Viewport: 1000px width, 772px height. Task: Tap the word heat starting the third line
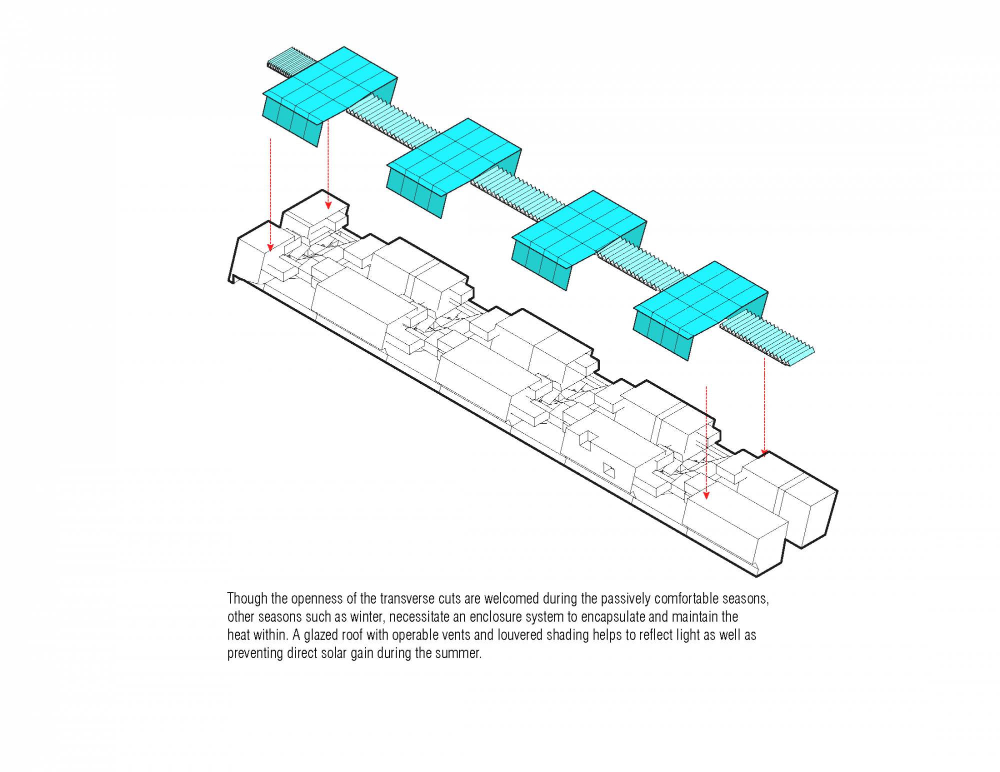pyautogui.click(x=238, y=635)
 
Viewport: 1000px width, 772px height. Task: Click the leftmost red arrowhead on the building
pyautogui.click(x=270, y=248)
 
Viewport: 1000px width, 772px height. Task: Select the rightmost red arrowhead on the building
pyautogui.click(x=764, y=453)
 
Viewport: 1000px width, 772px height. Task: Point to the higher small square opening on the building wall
pyautogui.click(x=588, y=440)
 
